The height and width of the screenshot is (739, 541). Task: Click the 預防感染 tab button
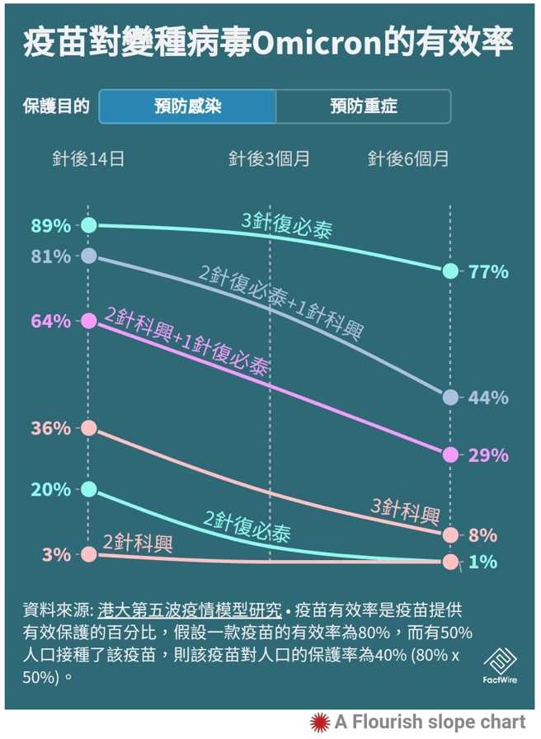pyautogui.click(x=187, y=106)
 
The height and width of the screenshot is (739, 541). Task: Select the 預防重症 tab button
pyautogui.click(x=363, y=106)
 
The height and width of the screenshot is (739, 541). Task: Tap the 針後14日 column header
pyautogui.click(x=89, y=159)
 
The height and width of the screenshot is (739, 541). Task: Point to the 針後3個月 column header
pyautogui.click(x=270, y=159)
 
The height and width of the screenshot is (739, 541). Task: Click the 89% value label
pyautogui.click(x=51, y=225)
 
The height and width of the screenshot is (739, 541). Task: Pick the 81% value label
pyautogui.click(x=51, y=257)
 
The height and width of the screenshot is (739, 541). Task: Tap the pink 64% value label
pyautogui.click(x=51, y=321)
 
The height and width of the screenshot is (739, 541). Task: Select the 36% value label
pyautogui.click(x=51, y=429)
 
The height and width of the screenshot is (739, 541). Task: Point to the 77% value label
pyautogui.click(x=488, y=272)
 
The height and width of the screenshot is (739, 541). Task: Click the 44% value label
pyautogui.click(x=488, y=398)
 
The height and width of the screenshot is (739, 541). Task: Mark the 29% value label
pyautogui.click(x=488, y=455)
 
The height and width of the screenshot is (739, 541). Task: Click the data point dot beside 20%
pyautogui.click(x=89, y=489)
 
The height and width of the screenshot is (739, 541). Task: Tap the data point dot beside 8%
pyautogui.click(x=449, y=535)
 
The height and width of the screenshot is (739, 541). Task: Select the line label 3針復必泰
pyautogui.click(x=287, y=226)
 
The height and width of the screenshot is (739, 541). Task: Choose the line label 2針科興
pyautogui.click(x=138, y=543)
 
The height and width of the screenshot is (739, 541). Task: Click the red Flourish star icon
pyautogui.click(x=319, y=723)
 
